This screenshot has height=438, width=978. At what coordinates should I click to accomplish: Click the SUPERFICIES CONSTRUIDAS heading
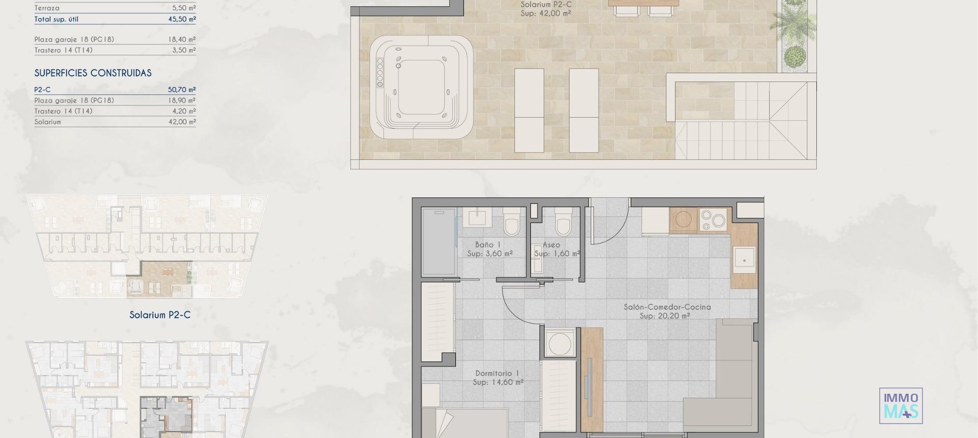click(x=93, y=73)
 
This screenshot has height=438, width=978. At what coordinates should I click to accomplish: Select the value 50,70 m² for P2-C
click(x=182, y=90)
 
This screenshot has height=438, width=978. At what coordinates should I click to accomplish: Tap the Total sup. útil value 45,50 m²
click(x=182, y=19)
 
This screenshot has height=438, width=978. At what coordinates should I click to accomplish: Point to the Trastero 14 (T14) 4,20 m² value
click(x=182, y=111)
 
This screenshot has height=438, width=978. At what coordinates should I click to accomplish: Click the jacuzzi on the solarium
click(x=421, y=87)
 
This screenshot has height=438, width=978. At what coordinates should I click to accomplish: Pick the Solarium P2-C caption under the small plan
click(x=159, y=315)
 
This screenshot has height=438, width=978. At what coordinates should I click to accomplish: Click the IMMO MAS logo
click(x=901, y=406)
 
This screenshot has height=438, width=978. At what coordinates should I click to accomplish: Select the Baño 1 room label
click(x=487, y=245)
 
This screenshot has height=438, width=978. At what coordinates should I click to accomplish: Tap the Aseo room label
click(x=551, y=245)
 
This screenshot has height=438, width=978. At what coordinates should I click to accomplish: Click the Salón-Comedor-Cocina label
click(x=667, y=307)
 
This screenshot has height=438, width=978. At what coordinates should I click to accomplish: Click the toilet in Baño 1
click(x=511, y=223)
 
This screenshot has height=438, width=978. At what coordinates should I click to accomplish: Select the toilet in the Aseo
click(x=563, y=222)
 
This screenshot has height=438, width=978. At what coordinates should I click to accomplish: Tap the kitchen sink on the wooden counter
click(x=744, y=260)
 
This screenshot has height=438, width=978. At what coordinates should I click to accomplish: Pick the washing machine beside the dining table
click(x=560, y=344)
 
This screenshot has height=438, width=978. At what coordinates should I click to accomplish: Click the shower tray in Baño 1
click(x=439, y=242)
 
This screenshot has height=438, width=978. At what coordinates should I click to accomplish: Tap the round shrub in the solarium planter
click(x=793, y=57)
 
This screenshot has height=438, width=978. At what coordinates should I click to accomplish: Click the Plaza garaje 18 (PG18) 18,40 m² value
click(x=182, y=39)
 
